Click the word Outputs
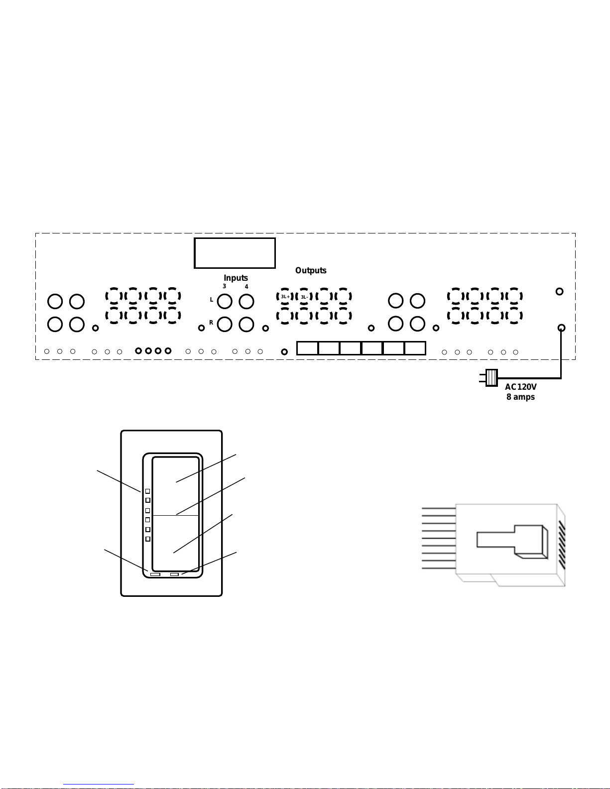click(310, 270)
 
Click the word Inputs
click(236, 278)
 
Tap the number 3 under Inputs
click(225, 286)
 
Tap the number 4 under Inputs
click(246, 287)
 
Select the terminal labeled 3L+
click(285, 297)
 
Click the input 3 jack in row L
click(225, 301)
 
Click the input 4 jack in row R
click(246, 324)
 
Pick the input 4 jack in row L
click(246, 301)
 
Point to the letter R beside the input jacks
click(211, 323)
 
